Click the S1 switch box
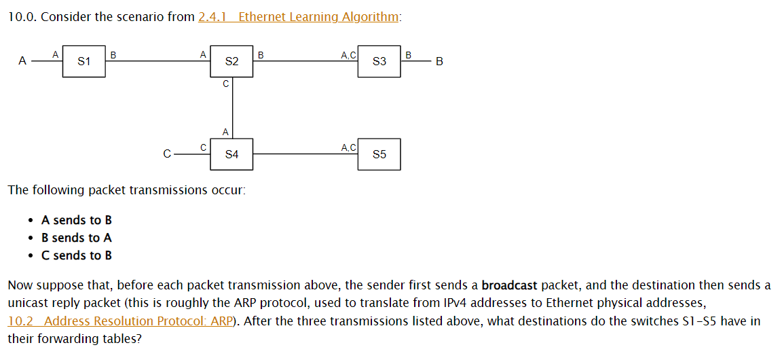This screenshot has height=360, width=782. coord(84,62)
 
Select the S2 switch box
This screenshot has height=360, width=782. coord(231,62)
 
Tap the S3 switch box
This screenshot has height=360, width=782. coord(379,62)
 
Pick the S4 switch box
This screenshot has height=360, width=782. coord(231,154)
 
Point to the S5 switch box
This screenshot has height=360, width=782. coord(379,154)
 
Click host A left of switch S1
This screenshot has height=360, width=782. coord(22,62)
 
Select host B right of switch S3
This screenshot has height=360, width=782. coord(439,62)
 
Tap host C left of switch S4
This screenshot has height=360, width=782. coord(167,154)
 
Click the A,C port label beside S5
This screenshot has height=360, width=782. coord(348,147)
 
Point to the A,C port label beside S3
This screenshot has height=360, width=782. coord(348,54)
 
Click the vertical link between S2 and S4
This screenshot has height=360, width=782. coord(232,109)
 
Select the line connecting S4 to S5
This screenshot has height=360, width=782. coord(305,154)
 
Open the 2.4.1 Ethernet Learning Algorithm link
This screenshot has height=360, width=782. coord(298,17)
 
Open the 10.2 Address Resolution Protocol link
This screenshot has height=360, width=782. coord(119,321)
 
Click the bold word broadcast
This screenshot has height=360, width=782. coord(509,285)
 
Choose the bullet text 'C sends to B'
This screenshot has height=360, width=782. coord(77,255)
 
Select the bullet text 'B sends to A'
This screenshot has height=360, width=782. coord(77,238)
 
